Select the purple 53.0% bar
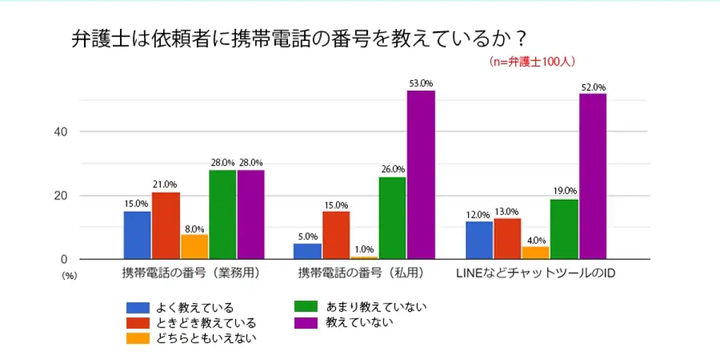pos(421,175)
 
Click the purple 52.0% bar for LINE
pos(593,176)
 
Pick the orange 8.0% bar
pos(194,247)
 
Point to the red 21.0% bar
pos(166,226)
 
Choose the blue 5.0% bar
pos(307,251)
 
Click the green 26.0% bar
pos(392,218)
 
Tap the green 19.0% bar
pos(564,229)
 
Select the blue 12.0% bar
pos(479,240)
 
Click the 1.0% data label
pos(364,250)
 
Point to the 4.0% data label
pos(535,240)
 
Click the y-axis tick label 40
pos(56,131)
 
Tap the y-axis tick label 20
pos(56,196)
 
